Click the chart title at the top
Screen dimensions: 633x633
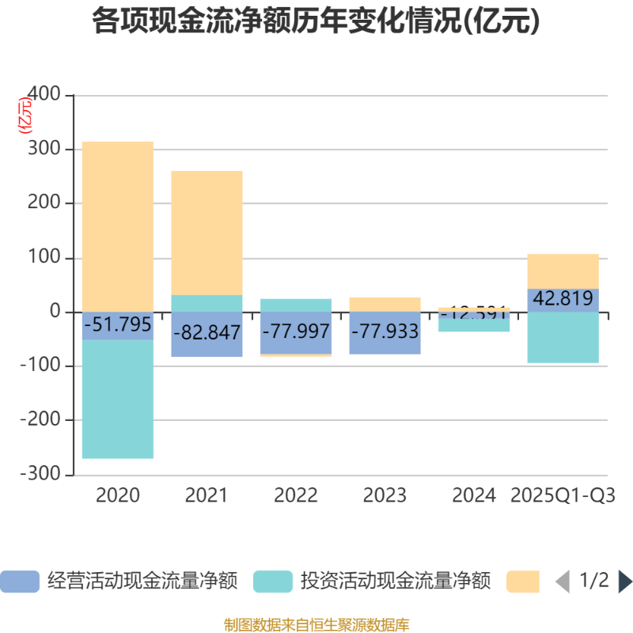[x=316, y=21]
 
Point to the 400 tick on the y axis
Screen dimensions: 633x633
[x=44, y=95]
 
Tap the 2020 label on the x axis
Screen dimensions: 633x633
[x=118, y=495]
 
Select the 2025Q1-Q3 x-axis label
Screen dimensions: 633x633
[x=563, y=495]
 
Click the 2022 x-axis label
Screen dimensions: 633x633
[x=296, y=495]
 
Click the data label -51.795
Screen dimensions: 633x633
[x=118, y=325]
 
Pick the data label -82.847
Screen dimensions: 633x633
[x=207, y=333]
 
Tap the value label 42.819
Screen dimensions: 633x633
[x=563, y=299]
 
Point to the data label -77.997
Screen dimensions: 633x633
[x=296, y=331]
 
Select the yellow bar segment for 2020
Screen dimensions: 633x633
[x=118, y=226]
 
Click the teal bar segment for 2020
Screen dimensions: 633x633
[x=118, y=399]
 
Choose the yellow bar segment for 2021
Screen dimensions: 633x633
[x=207, y=233]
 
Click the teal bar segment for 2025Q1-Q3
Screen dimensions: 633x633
[x=563, y=338]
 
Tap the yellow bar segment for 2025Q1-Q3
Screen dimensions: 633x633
[x=563, y=271]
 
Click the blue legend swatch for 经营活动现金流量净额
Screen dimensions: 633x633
[x=20, y=582]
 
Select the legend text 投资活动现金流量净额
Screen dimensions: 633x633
[x=395, y=582]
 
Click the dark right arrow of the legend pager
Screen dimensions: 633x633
[x=624, y=582]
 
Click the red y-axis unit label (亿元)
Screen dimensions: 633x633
[x=25, y=116]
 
